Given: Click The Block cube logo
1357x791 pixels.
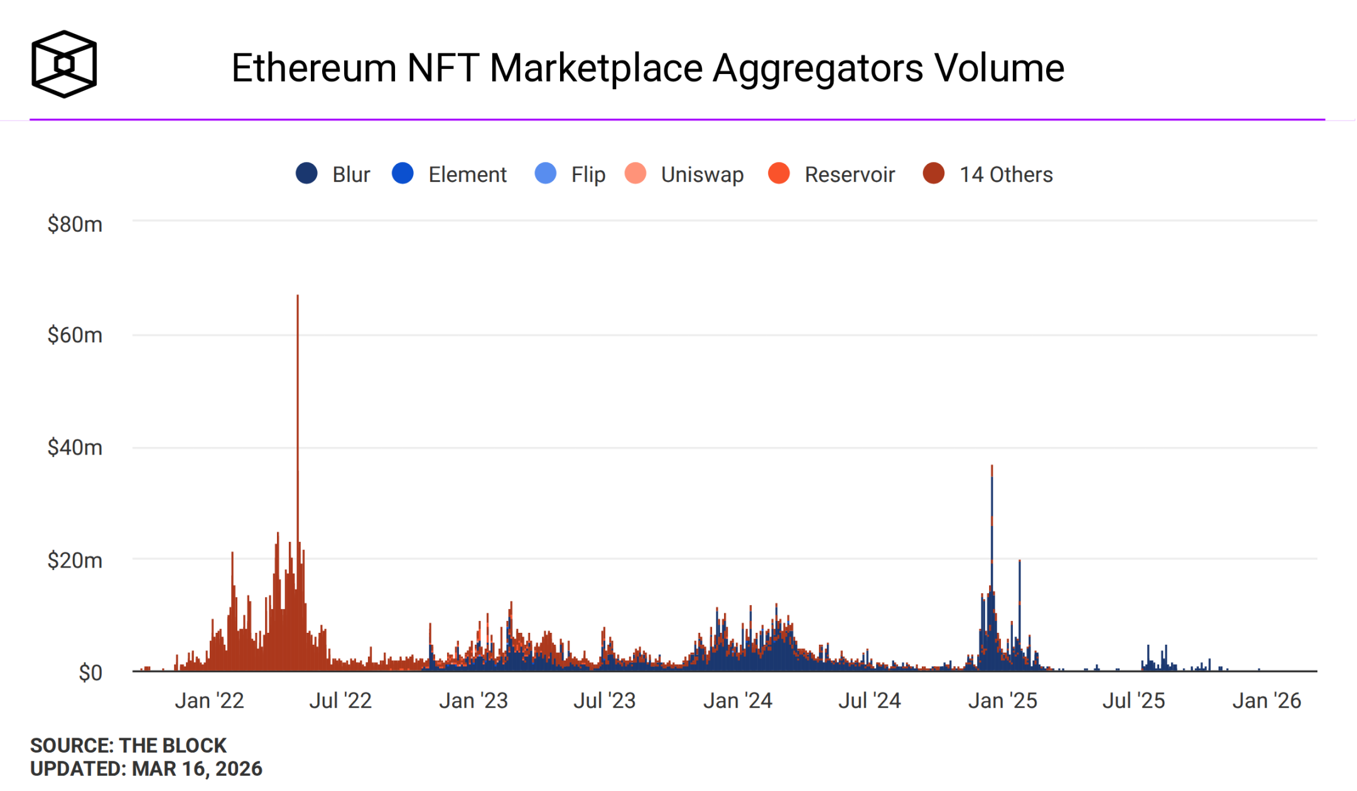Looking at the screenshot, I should (64, 64).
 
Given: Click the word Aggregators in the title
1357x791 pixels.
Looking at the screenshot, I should (818, 68).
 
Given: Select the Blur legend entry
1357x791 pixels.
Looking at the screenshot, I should (333, 174).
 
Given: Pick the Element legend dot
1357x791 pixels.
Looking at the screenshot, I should (403, 173).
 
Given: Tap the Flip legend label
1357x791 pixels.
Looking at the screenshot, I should (588, 174).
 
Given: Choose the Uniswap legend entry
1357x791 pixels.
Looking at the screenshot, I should (685, 174).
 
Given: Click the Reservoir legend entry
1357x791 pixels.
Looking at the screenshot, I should (832, 174).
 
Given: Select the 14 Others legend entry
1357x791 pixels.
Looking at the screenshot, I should (988, 174).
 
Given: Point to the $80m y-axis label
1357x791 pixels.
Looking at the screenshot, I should (75, 224).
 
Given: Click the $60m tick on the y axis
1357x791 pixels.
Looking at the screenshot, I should (75, 335).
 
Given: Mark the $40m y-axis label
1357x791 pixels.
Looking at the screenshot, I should (75, 448).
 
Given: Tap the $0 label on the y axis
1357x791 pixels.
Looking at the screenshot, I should (90, 672).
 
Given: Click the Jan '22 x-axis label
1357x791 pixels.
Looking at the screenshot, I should (209, 701).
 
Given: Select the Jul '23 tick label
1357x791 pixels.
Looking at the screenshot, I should (604, 701).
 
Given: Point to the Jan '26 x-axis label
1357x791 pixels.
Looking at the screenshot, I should (1267, 701).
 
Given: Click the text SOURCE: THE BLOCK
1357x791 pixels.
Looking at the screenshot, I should (128, 745).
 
